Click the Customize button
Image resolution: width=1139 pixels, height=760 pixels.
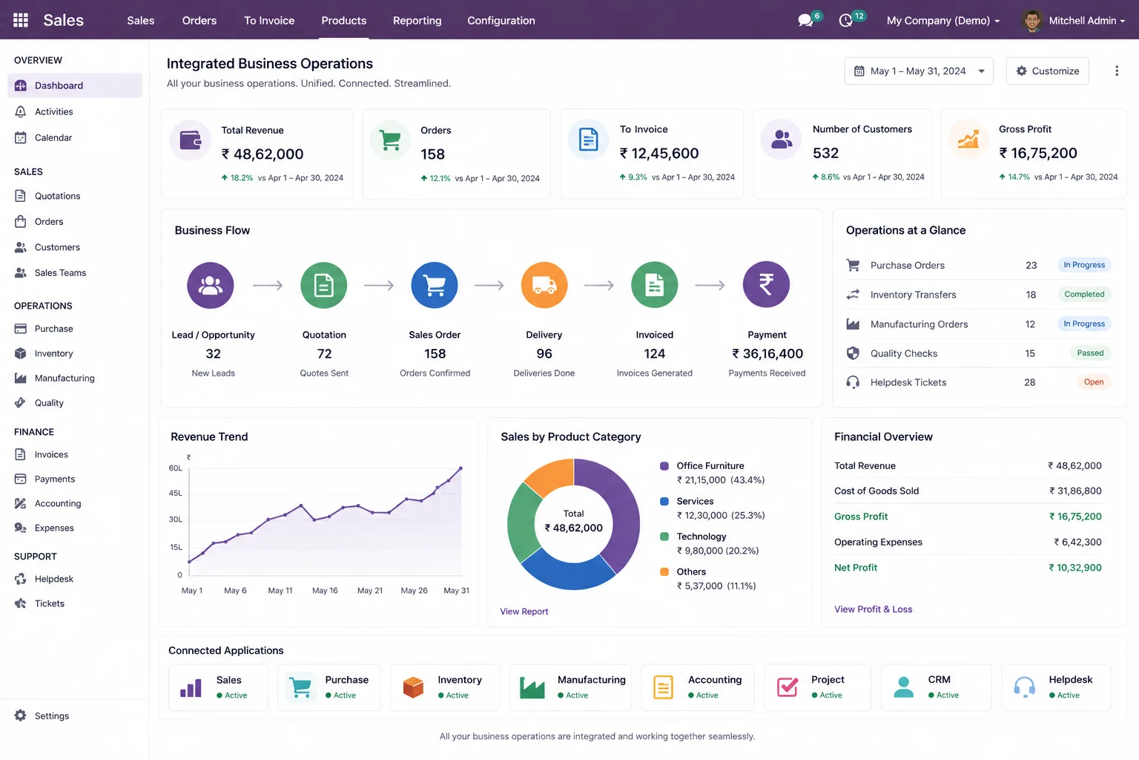tap(1048, 71)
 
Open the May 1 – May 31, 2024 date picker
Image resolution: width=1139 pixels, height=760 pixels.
tap(919, 71)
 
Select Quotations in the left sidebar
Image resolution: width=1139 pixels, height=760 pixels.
tap(57, 196)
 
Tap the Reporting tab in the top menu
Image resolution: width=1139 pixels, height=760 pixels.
tap(417, 20)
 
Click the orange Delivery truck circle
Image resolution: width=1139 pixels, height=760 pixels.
tap(544, 285)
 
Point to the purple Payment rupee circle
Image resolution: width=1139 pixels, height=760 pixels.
tap(766, 284)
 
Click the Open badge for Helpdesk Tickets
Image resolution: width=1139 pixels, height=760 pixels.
tap(1093, 381)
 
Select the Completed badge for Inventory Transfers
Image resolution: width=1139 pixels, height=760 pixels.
tap(1084, 294)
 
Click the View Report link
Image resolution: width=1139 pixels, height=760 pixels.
tap(524, 612)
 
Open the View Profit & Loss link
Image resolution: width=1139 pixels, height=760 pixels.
tap(873, 609)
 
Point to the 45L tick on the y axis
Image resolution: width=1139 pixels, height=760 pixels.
tap(176, 494)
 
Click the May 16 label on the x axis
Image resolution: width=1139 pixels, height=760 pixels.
tap(325, 591)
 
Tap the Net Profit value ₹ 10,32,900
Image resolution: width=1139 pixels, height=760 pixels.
tap(1075, 568)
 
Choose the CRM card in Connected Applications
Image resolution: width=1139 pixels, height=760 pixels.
tap(936, 687)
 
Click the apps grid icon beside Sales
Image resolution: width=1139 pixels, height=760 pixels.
tap(21, 20)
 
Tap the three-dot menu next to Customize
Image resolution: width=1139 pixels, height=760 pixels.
tap(1117, 71)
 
